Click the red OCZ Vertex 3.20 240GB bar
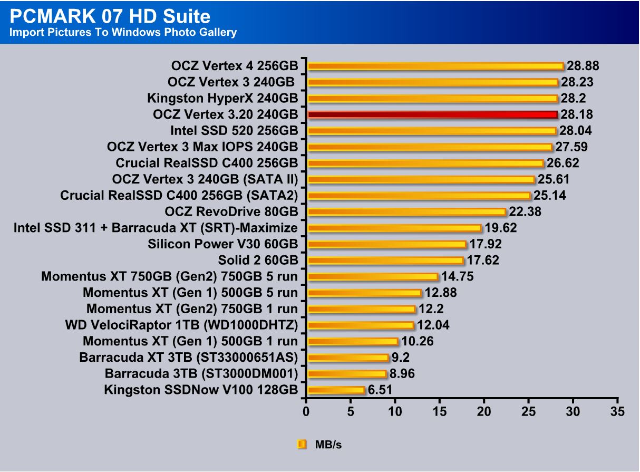click(432, 114)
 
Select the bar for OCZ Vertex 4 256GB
click(435, 66)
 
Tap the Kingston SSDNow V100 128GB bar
click(336, 390)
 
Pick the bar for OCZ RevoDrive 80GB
click(406, 212)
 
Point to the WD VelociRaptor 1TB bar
click(361, 325)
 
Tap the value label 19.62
click(501, 228)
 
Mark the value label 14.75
click(457, 277)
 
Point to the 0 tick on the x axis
click(306, 411)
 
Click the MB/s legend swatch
click(302, 445)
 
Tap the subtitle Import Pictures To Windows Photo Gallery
click(122, 33)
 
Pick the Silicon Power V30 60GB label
click(223, 244)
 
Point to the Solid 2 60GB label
click(258, 261)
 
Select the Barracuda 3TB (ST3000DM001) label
click(201, 374)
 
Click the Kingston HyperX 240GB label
click(222, 98)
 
